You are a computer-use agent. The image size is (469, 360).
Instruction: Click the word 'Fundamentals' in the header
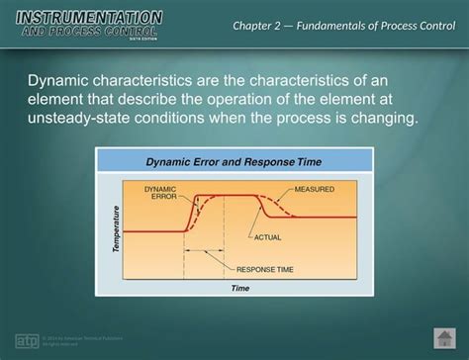pos(338,24)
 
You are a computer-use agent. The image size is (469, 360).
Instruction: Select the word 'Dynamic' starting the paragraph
pos(59,80)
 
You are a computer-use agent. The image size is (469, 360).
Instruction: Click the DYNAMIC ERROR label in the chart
pos(161,191)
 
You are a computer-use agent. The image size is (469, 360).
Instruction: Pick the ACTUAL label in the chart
pos(268,237)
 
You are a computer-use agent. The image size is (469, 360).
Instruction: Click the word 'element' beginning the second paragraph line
pos(60,100)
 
